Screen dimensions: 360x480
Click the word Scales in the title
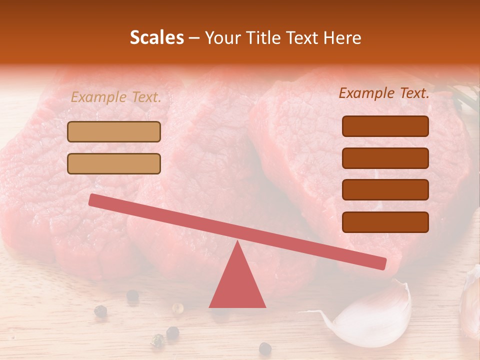tap(156, 38)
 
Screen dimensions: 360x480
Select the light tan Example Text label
tap(116, 97)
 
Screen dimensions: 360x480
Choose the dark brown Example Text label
tap(384, 93)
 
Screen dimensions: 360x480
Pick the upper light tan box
tap(114, 131)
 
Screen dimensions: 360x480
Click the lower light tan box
tap(114, 163)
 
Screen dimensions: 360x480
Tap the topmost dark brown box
tap(385, 126)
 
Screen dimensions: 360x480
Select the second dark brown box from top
tap(385, 158)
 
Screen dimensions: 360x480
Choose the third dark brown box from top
tap(385, 190)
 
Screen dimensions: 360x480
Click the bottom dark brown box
tap(385, 222)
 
